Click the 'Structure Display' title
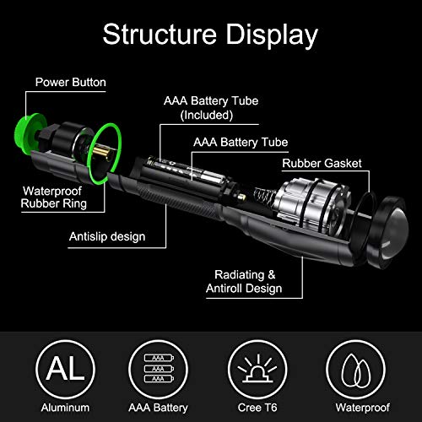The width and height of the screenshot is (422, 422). (x=210, y=35)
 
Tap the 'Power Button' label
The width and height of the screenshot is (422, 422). (x=71, y=82)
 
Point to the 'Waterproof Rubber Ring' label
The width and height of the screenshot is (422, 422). (x=53, y=197)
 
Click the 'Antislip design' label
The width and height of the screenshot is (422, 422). (x=107, y=236)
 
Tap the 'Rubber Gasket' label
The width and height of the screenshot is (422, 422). (x=322, y=163)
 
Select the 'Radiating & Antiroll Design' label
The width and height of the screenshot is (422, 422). (x=244, y=281)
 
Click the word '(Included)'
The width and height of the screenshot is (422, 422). (x=207, y=115)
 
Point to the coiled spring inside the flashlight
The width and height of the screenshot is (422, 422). (x=263, y=197)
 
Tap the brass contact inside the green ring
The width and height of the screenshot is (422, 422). (x=101, y=153)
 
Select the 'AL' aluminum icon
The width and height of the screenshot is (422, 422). (x=65, y=369)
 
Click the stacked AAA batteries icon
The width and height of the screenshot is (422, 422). (x=159, y=369)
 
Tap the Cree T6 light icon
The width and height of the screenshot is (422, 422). (x=257, y=369)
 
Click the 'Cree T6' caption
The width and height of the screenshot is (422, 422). (x=257, y=408)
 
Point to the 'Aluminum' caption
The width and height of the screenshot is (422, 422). (x=65, y=408)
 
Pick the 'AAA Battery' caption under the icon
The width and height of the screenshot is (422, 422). (x=158, y=408)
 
